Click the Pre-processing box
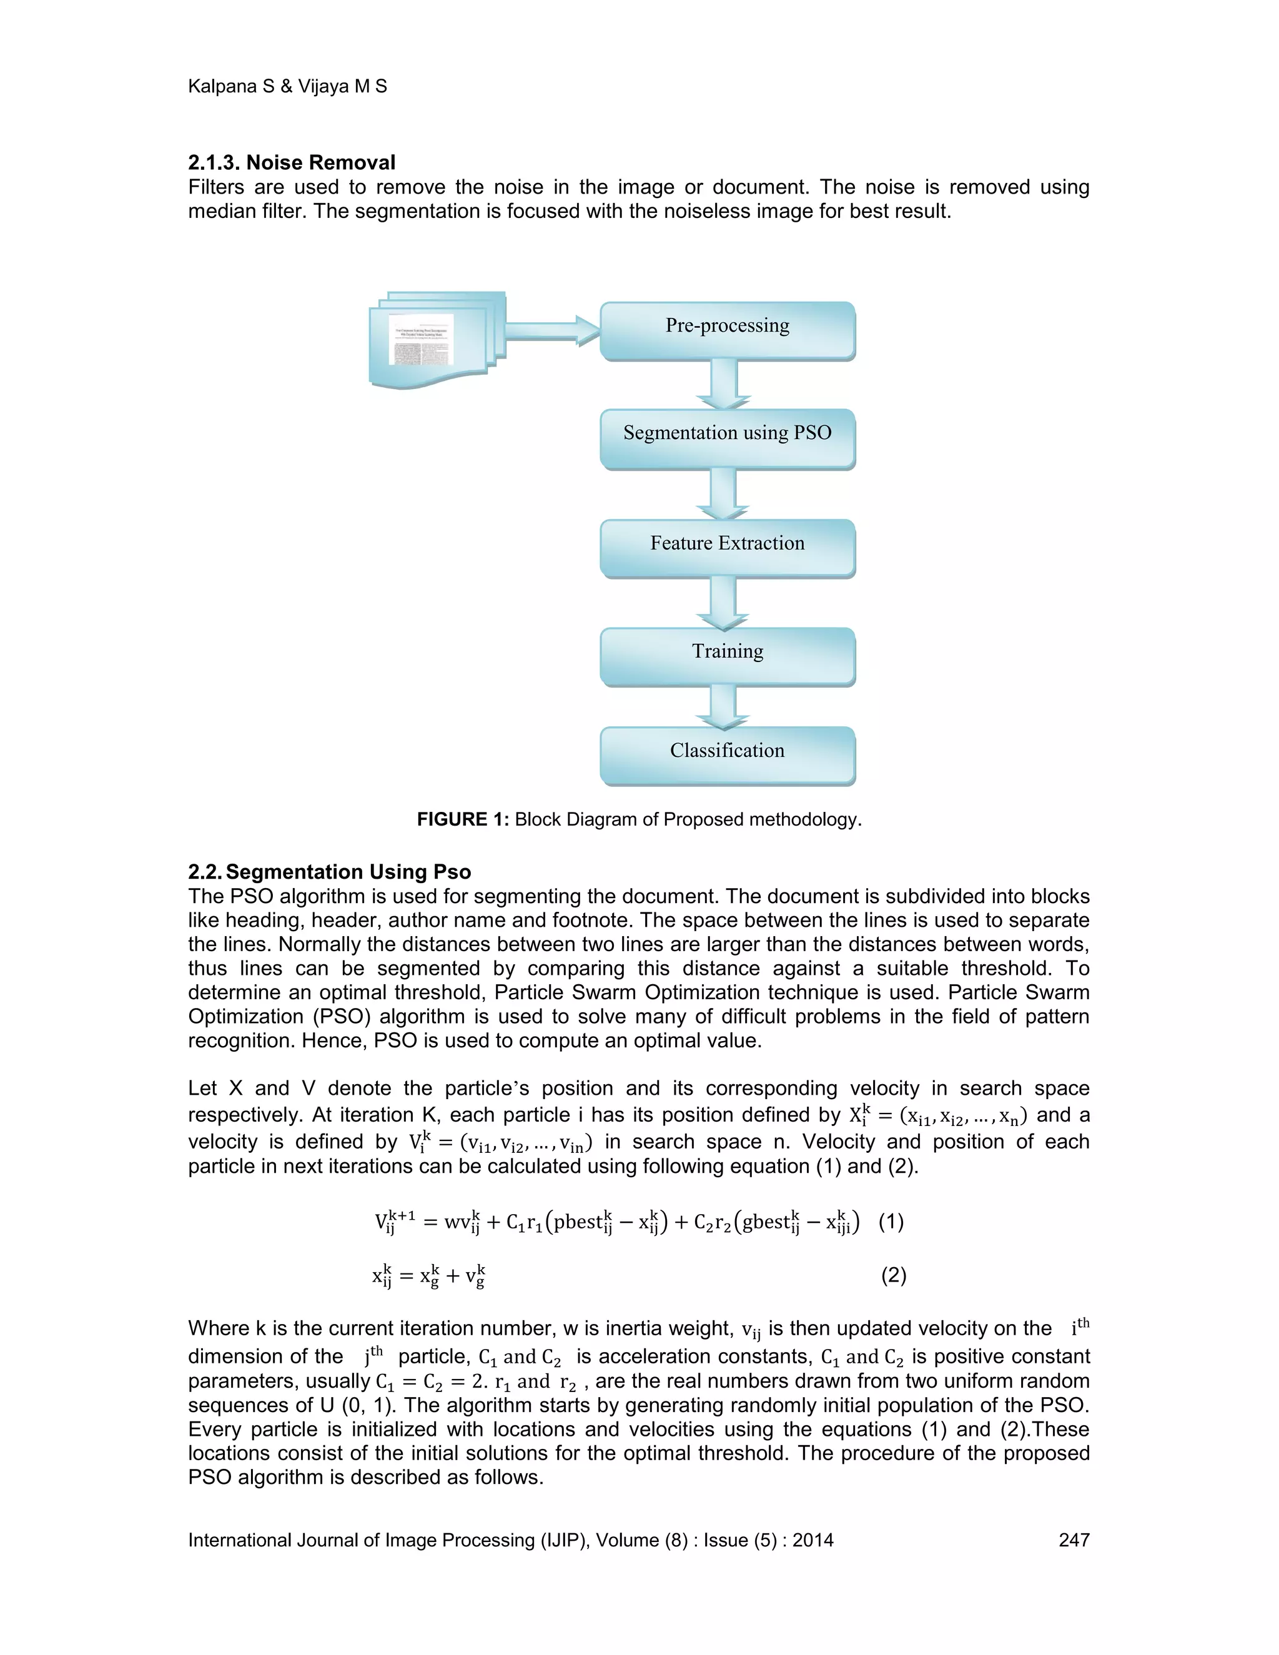click(728, 330)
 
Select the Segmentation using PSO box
click(728, 437)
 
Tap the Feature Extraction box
click(728, 547)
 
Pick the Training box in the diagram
click(728, 656)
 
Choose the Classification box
click(728, 755)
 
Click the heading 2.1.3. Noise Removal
click(292, 162)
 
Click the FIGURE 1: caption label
click(462, 819)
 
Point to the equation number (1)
click(891, 1222)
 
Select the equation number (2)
click(893, 1275)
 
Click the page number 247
click(1074, 1540)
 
